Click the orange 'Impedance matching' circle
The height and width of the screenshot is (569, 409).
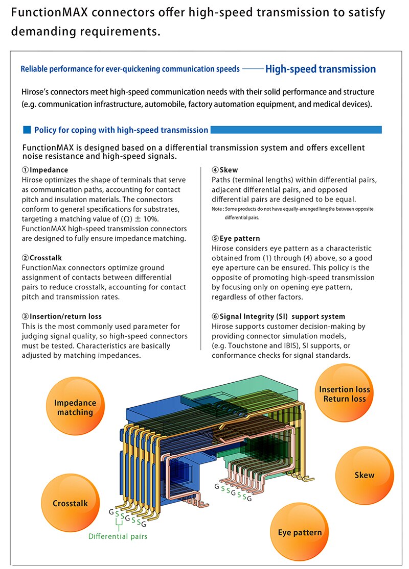(x=75, y=407)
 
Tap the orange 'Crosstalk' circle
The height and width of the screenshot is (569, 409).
(x=70, y=503)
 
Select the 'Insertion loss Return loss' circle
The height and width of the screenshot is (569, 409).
(x=344, y=393)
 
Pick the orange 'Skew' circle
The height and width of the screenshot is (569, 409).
(x=365, y=475)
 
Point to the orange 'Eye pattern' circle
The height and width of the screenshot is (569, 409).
(x=300, y=532)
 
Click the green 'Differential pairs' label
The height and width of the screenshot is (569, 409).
(x=118, y=536)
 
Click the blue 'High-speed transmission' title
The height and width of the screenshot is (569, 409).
(x=320, y=69)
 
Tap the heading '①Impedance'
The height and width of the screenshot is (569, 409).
(x=44, y=170)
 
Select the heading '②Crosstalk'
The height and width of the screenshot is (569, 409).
(x=42, y=258)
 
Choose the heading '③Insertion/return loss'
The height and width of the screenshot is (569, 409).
(x=62, y=316)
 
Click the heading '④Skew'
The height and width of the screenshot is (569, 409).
(x=224, y=170)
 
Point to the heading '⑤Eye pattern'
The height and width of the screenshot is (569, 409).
(x=236, y=238)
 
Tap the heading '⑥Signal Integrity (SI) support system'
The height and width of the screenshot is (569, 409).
(x=279, y=316)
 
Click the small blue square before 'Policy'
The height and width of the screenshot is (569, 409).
(x=27, y=130)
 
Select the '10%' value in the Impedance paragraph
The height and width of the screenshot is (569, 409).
(x=151, y=219)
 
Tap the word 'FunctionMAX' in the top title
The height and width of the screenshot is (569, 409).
(x=50, y=13)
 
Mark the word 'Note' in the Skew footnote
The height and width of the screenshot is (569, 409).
(x=217, y=209)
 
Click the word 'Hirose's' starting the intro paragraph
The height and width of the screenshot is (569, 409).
(x=35, y=92)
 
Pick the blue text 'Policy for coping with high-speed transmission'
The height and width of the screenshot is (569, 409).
(x=121, y=130)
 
